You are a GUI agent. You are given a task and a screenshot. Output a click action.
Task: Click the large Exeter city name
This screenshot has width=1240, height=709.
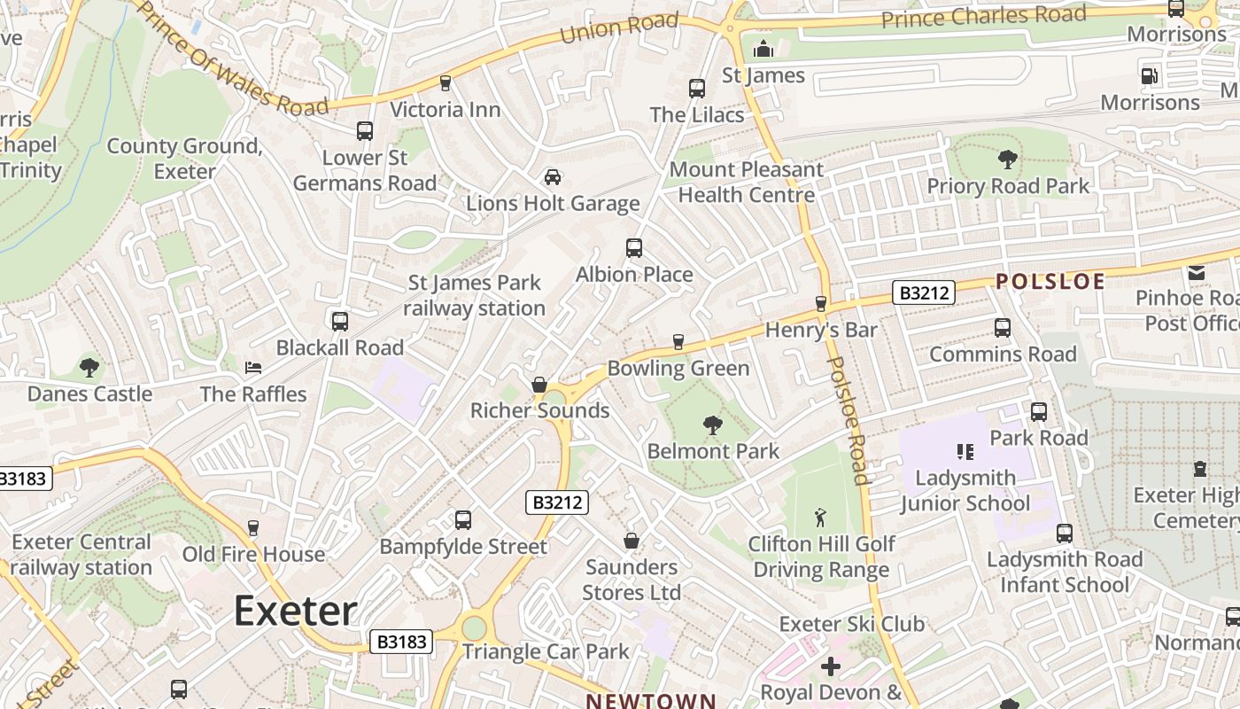click(x=296, y=612)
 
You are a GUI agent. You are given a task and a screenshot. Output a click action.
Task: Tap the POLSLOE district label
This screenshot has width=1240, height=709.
click(x=1050, y=282)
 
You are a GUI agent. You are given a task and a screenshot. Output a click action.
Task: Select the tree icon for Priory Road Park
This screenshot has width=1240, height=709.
click(x=1007, y=160)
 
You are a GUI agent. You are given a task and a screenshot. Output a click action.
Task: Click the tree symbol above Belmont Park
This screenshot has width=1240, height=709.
click(x=712, y=425)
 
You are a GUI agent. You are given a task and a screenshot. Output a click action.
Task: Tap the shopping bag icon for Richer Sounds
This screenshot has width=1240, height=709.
click(x=539, y=385)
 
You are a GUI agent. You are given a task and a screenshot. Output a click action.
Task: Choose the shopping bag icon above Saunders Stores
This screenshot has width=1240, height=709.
click(x=632, y=540)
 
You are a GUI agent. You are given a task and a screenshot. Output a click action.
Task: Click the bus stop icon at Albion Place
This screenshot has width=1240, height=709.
click(x=634, y=248)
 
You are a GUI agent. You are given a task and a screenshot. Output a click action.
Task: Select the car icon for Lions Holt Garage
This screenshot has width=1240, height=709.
click(x=553, y=177)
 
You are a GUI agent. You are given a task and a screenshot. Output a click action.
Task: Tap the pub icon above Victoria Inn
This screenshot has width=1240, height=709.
click(x=446, y=83)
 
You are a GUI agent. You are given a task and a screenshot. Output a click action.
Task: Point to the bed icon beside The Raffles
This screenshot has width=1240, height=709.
click(x=253, y=367)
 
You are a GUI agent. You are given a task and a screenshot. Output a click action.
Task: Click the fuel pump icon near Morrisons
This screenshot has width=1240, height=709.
click(x=1150, y=76)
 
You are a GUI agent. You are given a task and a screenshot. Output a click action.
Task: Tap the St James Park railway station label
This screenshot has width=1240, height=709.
click(x=475, y=296)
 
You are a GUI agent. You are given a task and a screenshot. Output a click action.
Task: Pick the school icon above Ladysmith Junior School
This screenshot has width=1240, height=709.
click(x=965, y=452)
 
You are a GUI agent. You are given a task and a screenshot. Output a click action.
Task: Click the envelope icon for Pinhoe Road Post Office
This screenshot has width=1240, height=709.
click(x=1197, y=273)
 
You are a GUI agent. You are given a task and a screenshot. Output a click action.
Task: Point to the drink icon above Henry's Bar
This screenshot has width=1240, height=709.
click(x=820, y=303)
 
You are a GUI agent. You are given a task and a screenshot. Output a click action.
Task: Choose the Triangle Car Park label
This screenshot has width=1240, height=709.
click(x=546, y=651)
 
